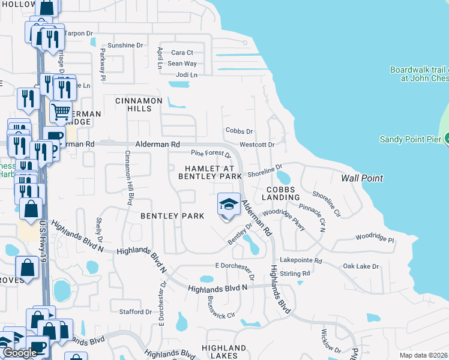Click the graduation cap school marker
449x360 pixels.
click(x=228, y=205)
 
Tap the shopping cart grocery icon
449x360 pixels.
click(x=60, y=112)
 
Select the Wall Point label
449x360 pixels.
click(x=362, y=178)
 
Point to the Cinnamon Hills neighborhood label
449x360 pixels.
click(x=139, y=104)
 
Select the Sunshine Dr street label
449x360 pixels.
click(x=125, y=45)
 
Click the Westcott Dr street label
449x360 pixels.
click(x=257, y=145)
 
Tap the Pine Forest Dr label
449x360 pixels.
click(x=211, y=154)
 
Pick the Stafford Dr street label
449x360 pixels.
click(x=136, y=312)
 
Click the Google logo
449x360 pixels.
click(x=20, y=353)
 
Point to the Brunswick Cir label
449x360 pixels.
click(x=220, y=307)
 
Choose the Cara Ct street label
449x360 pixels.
click(x=182, y=53)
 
